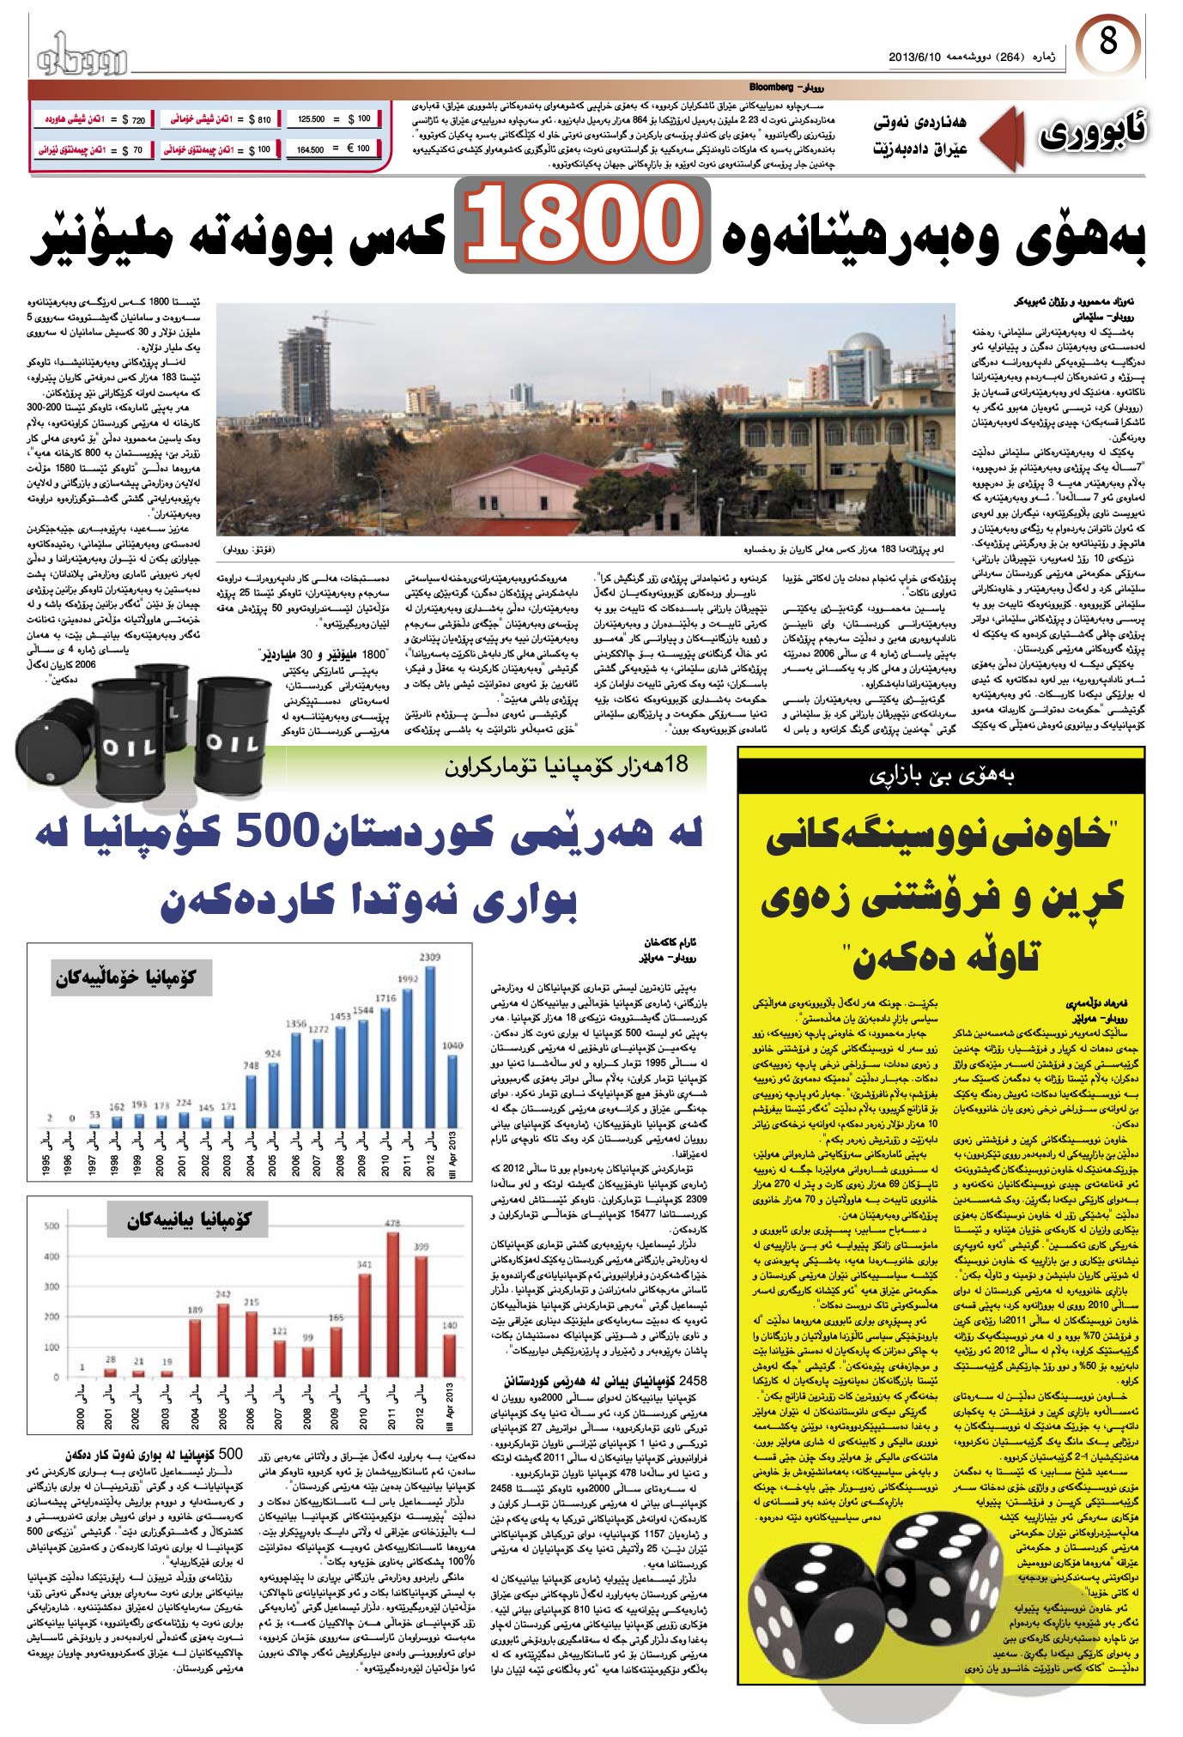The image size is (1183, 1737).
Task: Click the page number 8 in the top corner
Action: click(x=1108, y=41)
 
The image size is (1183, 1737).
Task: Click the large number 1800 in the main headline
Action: click(x=583, y=227)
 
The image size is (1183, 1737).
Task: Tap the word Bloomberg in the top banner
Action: click(x=771, y=87)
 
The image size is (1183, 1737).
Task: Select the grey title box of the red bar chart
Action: click(x=190, y=1220)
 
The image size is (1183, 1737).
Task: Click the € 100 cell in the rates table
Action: click(x=359, y=148)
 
